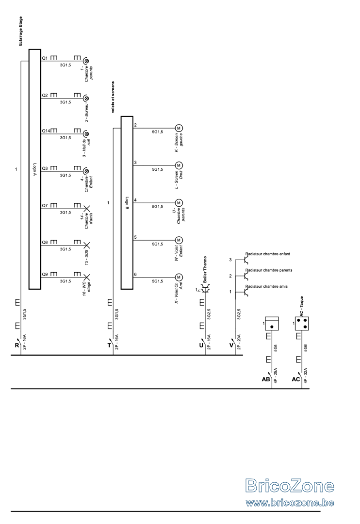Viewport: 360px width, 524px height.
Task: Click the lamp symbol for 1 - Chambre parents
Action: (x=86, y=61)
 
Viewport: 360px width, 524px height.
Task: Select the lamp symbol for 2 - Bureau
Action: (x=86, y=98)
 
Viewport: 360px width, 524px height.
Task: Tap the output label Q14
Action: (x=46, y=131)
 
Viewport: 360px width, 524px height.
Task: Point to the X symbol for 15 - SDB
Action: (x=86, y=245)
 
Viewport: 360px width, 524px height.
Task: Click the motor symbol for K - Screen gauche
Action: (x=179, y=128)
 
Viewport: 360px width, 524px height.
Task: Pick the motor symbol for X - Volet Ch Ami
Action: (x=179, y=278)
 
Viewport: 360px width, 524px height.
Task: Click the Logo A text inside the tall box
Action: (x=35, y=169)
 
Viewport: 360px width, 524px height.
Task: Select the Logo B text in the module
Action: (x=127, y=202)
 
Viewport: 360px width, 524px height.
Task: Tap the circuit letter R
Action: (x=16, y=345)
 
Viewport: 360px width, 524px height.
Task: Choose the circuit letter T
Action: (x=109, y=345)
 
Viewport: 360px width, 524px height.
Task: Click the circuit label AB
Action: (x=266, y=379)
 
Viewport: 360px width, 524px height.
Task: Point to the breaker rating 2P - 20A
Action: (x=239, y=342)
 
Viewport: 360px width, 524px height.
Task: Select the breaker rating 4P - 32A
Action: (x=306, y=375)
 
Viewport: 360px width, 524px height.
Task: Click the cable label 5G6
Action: (x=306, y=347)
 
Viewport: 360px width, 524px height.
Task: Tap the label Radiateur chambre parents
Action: (x=269, y=270)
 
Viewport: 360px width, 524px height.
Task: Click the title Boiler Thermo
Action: (x=205, y=269)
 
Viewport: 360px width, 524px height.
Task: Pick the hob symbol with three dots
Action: (x=302, y=324)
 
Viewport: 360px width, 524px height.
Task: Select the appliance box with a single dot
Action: (x=272, y=324)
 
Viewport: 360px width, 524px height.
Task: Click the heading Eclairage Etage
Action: (x=21, y=31)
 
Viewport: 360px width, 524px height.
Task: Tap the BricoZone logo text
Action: (x=290, y=486)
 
